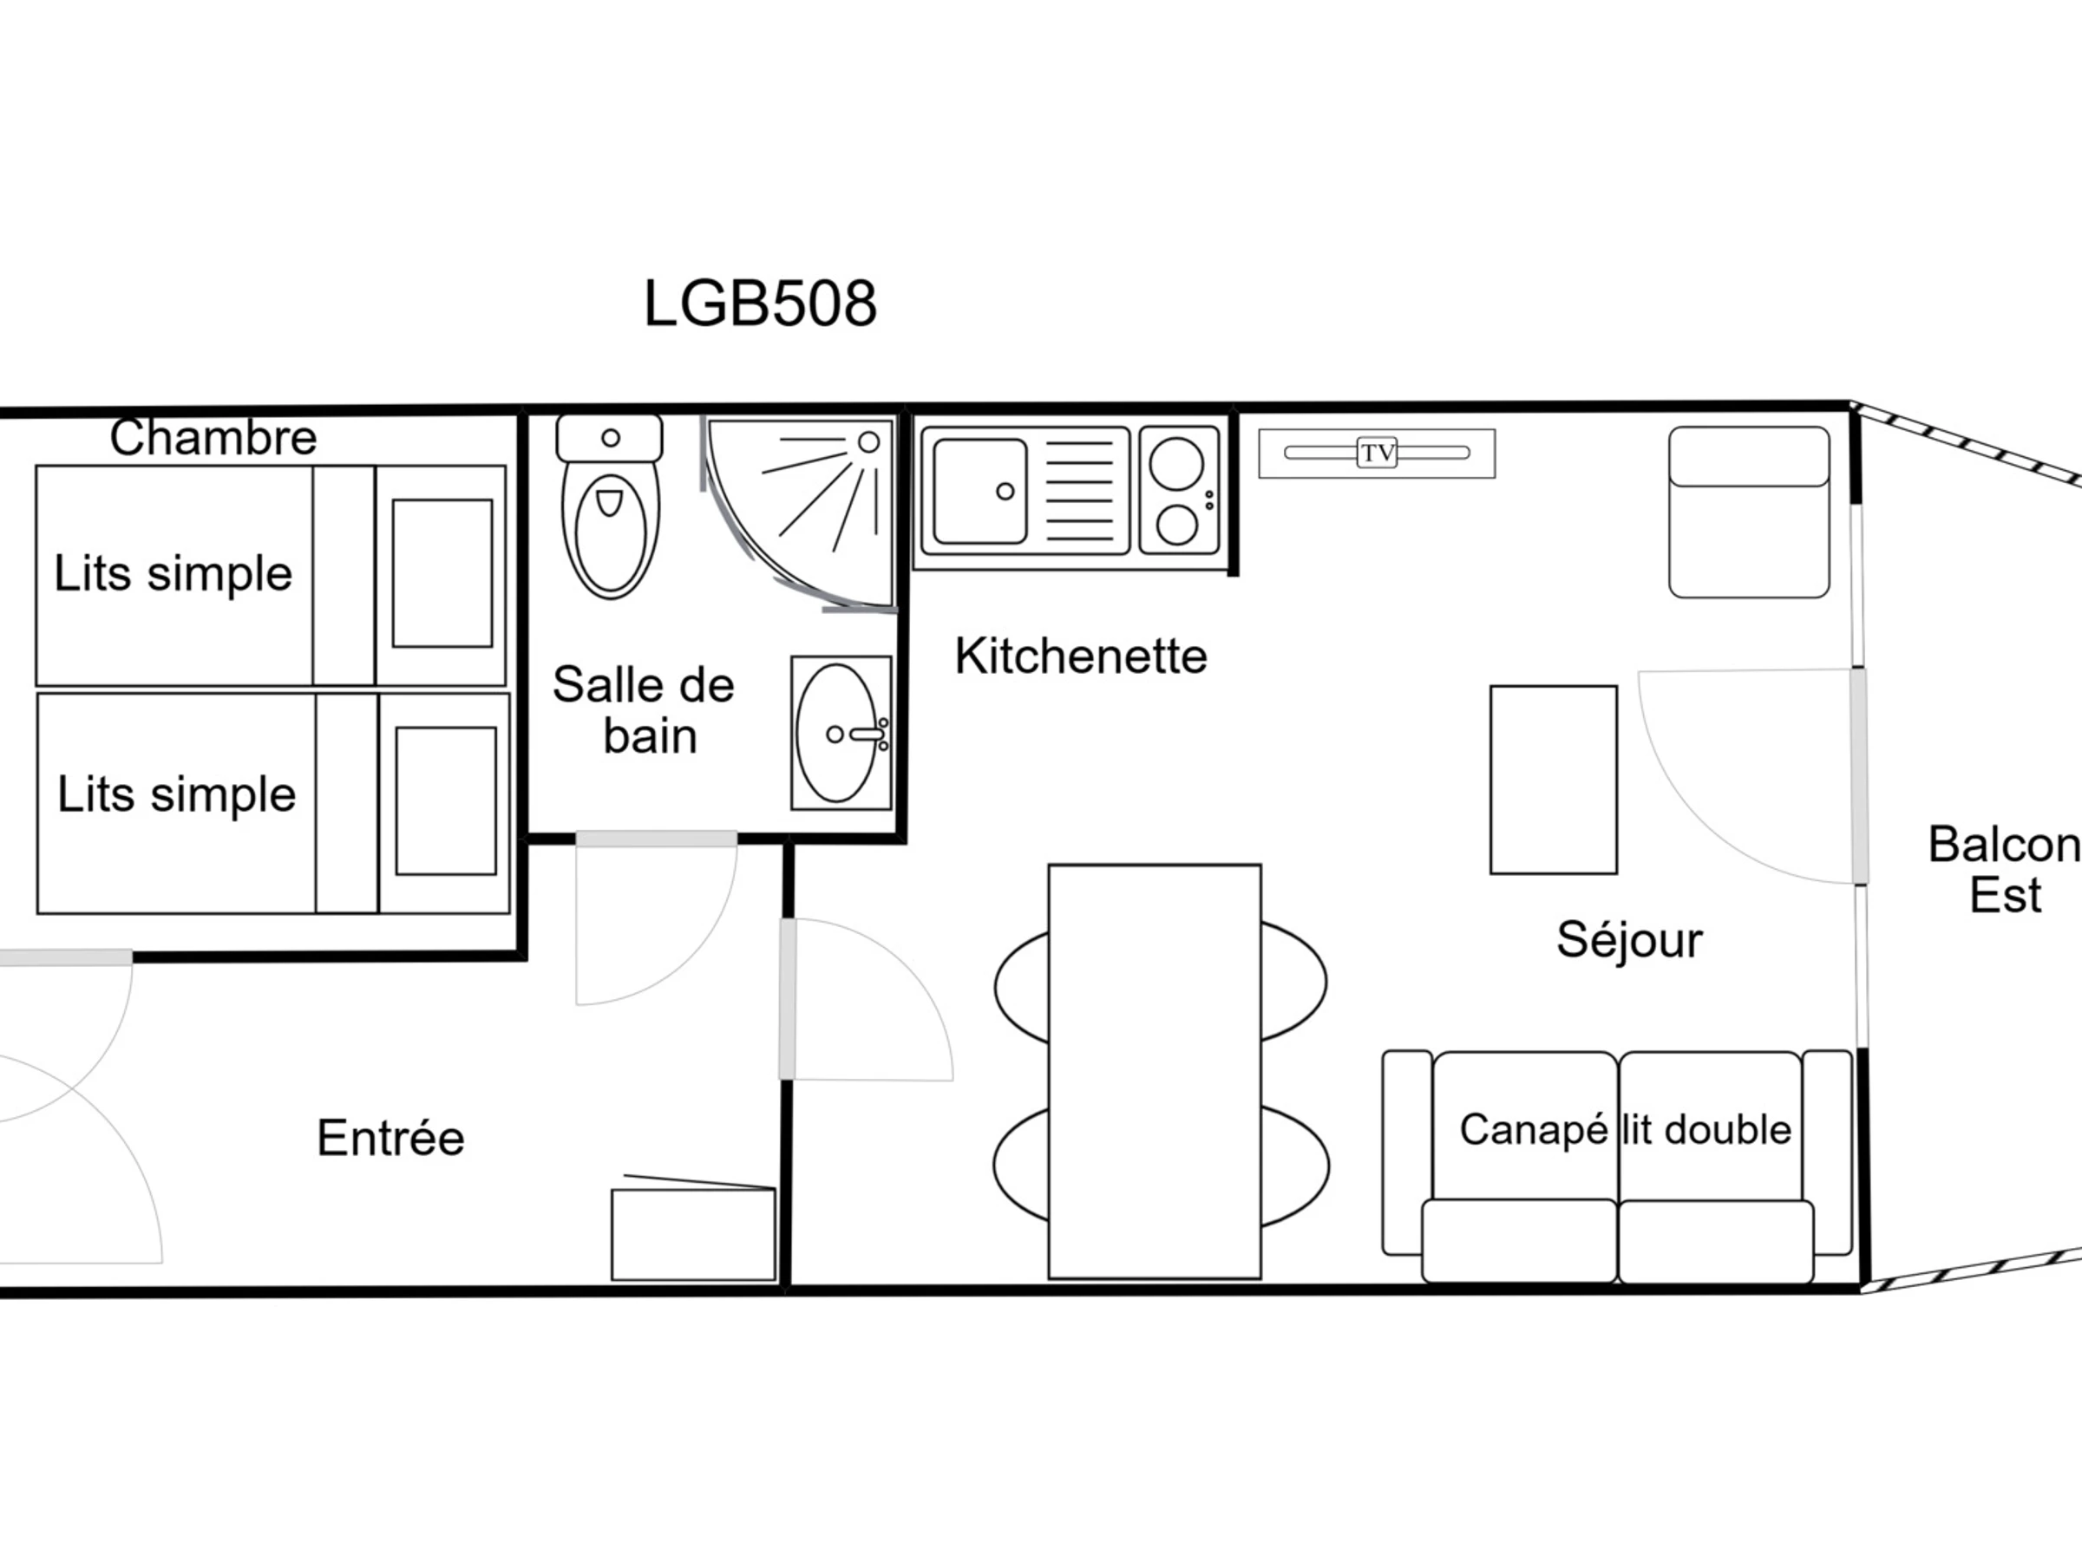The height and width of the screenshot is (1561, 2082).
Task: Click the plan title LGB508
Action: point(760,304)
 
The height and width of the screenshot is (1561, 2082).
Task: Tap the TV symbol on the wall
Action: point(1377,454)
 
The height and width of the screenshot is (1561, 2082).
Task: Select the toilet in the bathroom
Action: point(610,506)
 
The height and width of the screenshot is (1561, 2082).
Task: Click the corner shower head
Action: point(868,442)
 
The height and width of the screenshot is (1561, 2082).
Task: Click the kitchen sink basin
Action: point(979,491)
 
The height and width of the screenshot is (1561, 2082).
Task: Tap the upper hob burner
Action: point(1176,464)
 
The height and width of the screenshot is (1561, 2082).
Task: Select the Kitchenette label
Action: point(1081,656)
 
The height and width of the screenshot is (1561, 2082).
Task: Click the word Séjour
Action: point(1629,940)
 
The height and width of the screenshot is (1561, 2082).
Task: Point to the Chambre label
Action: point(213,438)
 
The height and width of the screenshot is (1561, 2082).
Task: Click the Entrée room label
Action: point(390,1138)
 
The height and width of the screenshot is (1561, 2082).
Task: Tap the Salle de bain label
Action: point(644,710)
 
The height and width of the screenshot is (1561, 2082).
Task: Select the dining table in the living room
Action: point(1155,1072)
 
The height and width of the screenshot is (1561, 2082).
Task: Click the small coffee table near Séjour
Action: point(1554,780)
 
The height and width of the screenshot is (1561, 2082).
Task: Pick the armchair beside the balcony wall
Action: point(1749,513)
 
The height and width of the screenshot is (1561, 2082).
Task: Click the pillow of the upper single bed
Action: point(442,573)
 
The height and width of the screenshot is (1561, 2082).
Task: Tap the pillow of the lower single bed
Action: point(446,800)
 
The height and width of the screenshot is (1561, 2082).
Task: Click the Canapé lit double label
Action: point(1626,1130)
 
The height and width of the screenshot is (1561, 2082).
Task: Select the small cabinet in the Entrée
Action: point(694,1233)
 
